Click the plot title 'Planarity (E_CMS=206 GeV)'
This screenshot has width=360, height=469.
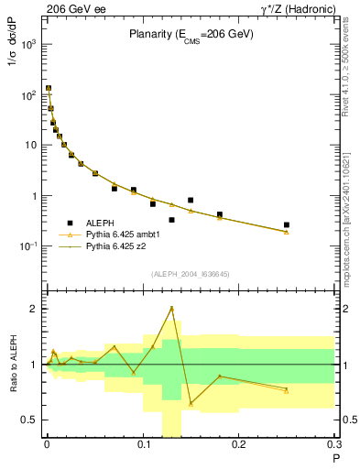coord(191,35)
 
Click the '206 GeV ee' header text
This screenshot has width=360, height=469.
coord(73,8)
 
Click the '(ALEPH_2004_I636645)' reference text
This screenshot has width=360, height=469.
coord(191,274)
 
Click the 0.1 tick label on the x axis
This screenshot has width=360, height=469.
coord(143,445)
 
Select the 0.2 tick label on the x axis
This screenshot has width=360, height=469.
coord(238,445)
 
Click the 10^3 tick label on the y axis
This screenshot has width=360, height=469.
coord(27,44)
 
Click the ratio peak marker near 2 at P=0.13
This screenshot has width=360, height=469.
coord(171,309)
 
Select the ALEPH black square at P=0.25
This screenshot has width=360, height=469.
coord(287,224)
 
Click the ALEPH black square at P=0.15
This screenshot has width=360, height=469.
coord(191,200)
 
